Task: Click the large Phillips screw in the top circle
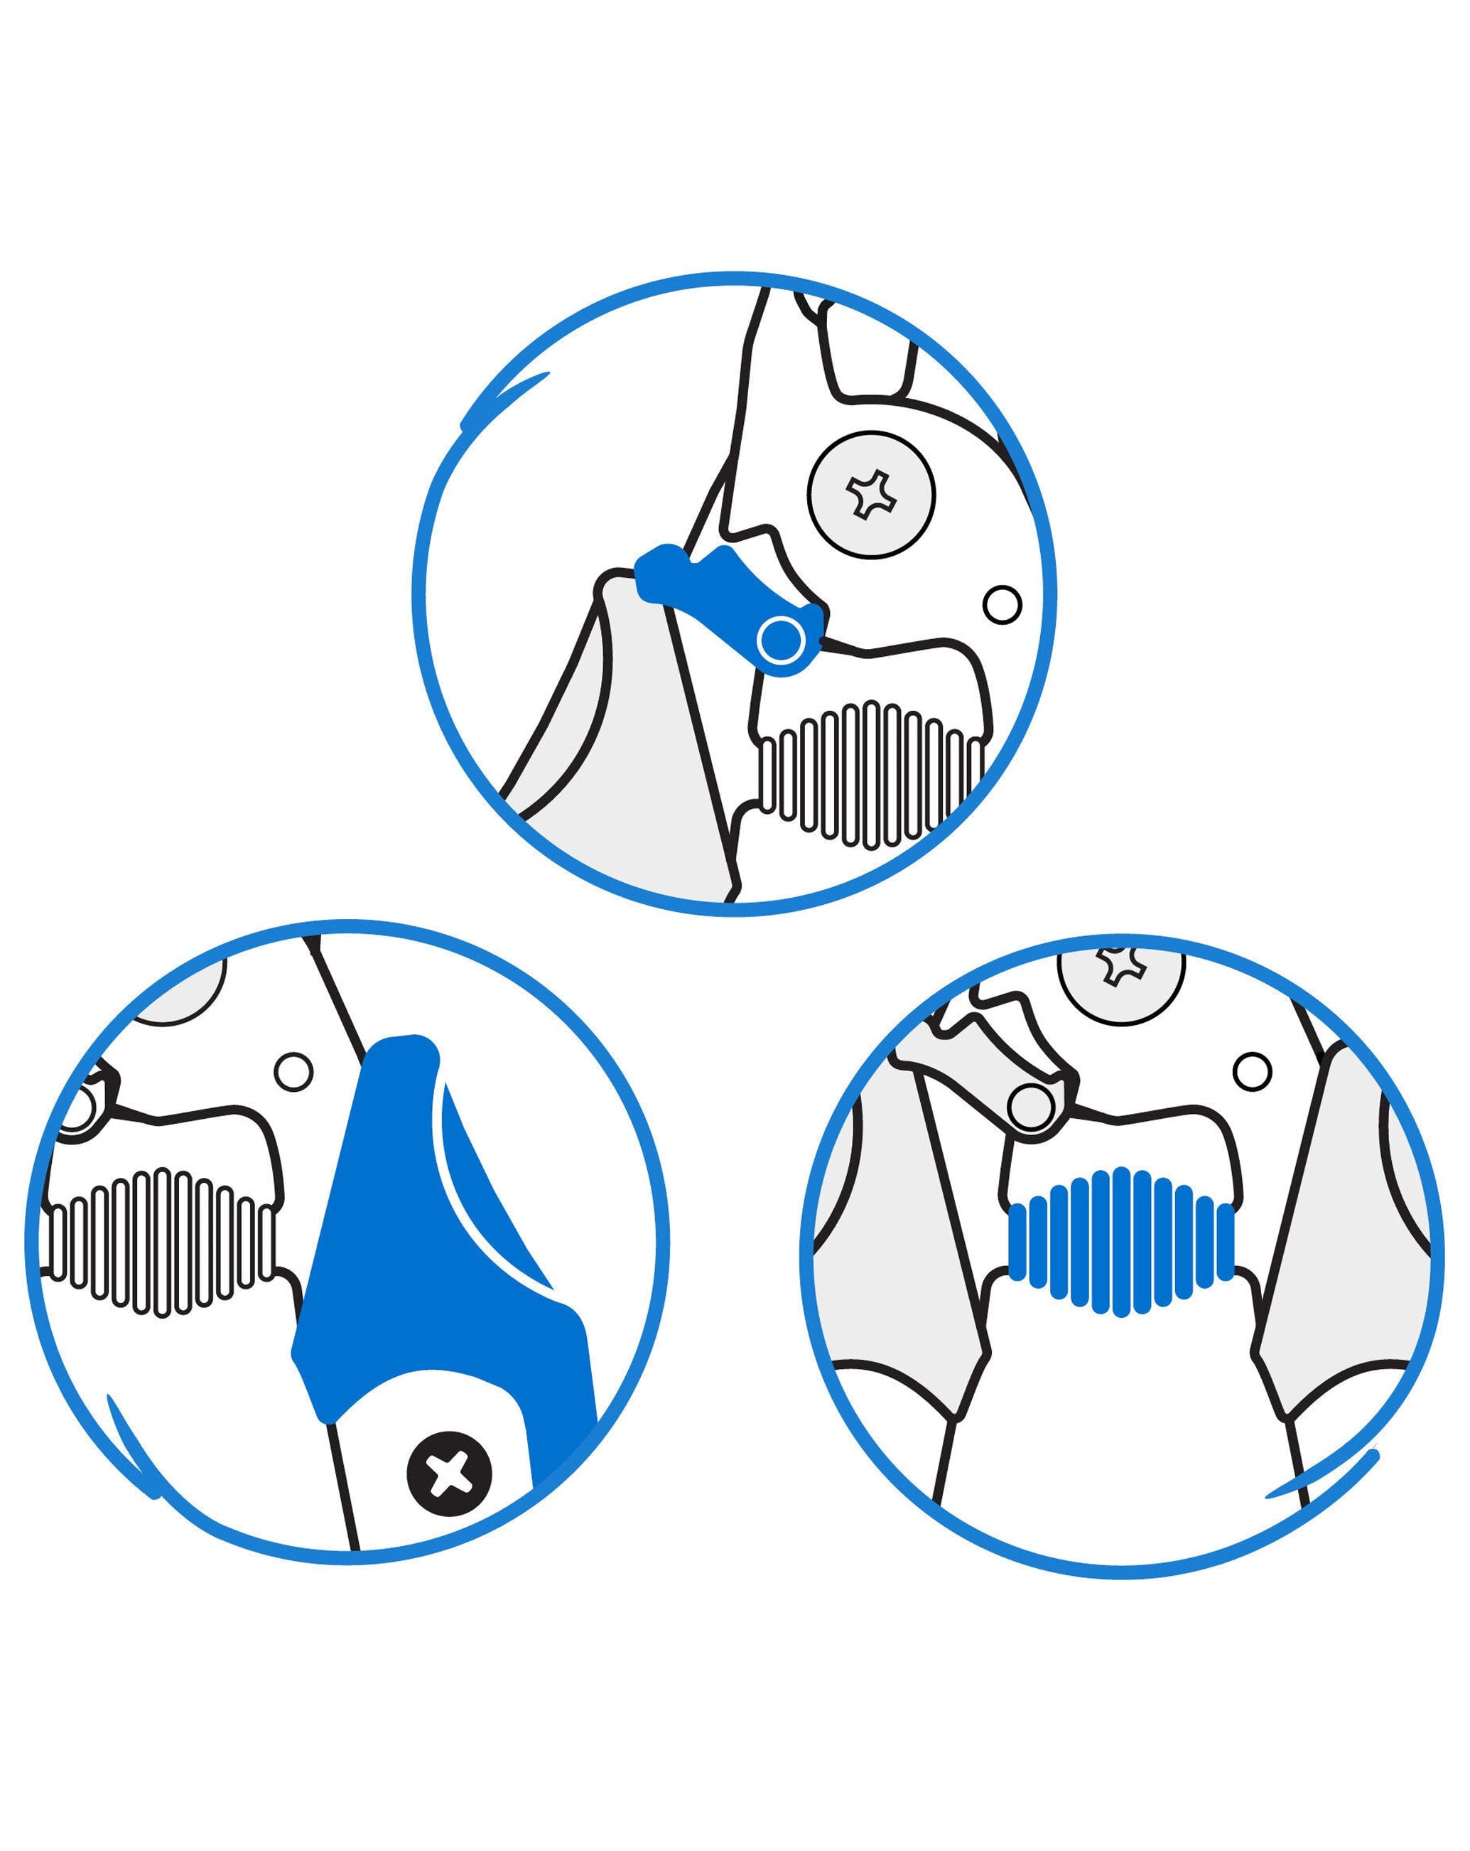click(871, 495)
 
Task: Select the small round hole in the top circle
click(1002, 604)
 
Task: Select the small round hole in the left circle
click(293, 1071)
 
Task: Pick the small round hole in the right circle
click(1251, 1071)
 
